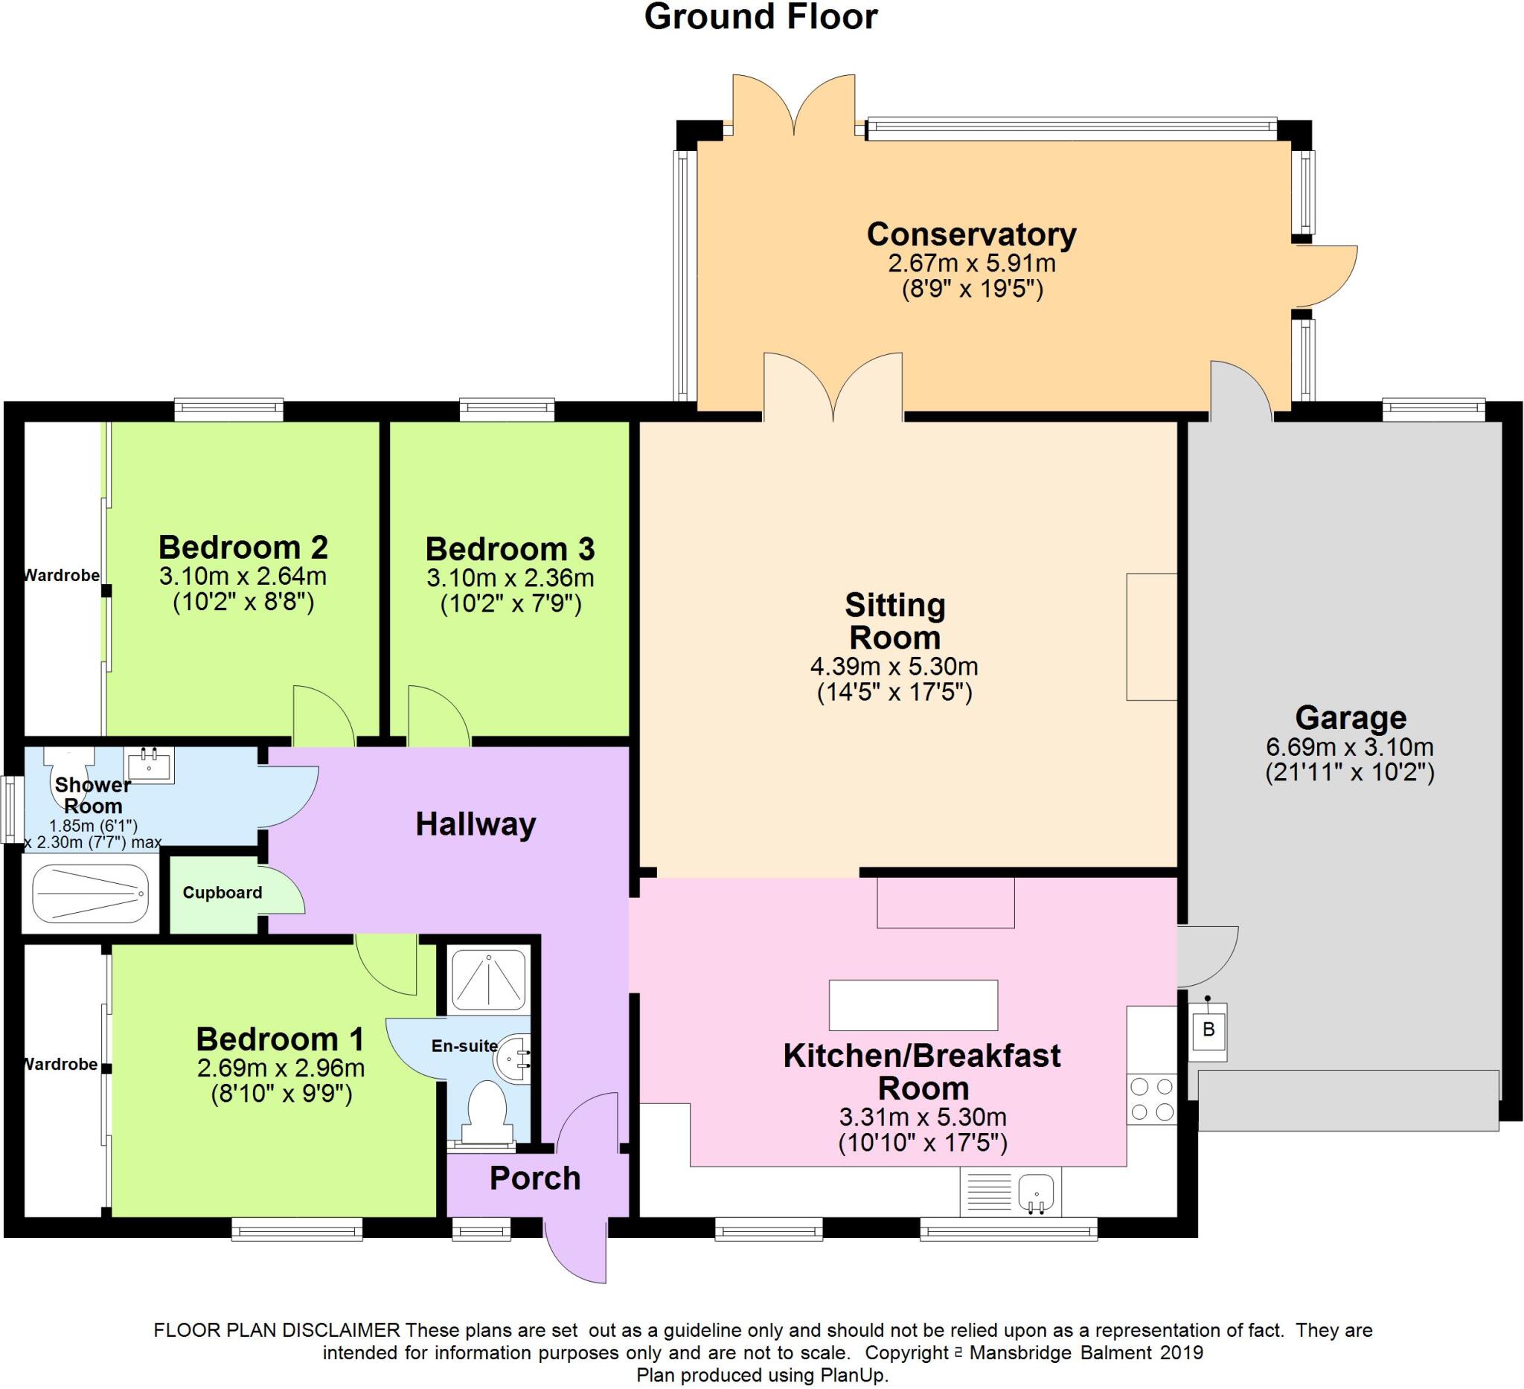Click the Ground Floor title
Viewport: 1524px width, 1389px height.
761,16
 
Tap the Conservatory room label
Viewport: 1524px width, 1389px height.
971,235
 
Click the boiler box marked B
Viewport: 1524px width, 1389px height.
1208,1028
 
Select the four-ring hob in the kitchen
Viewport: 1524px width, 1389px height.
1151,1100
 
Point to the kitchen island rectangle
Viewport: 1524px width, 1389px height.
913,1005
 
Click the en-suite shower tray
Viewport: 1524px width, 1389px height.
487,980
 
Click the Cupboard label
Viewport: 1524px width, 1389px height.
222,893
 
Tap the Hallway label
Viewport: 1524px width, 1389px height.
476,824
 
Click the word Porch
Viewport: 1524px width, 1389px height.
535,1178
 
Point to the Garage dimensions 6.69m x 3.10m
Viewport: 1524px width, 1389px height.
1349,748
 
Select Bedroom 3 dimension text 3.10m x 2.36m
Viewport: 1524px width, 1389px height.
510,578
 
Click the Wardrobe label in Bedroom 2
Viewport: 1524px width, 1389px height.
62,576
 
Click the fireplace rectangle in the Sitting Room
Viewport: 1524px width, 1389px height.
1151,636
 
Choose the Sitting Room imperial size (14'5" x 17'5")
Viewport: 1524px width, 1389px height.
894,692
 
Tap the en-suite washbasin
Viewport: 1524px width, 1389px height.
513,1060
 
